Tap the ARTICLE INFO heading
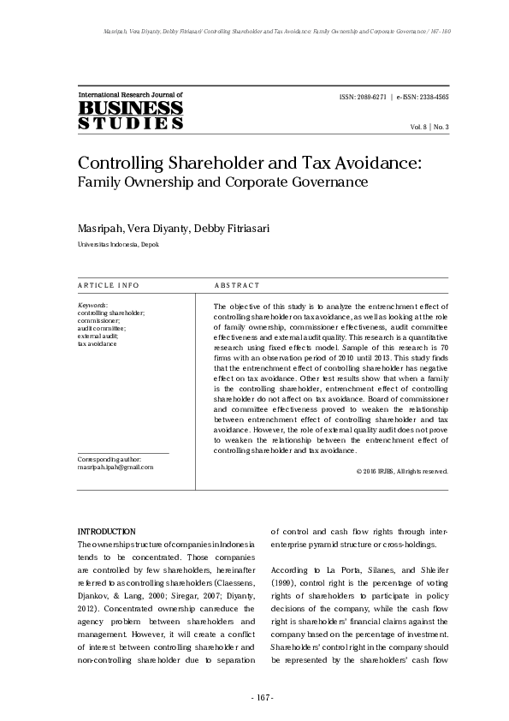pos(109,285)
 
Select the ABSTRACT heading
pos(236,285)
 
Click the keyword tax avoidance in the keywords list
pos(98,344)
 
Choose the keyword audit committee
pos(101,328)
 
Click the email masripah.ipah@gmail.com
pos(115,468)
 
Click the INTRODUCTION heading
pos(106,532)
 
